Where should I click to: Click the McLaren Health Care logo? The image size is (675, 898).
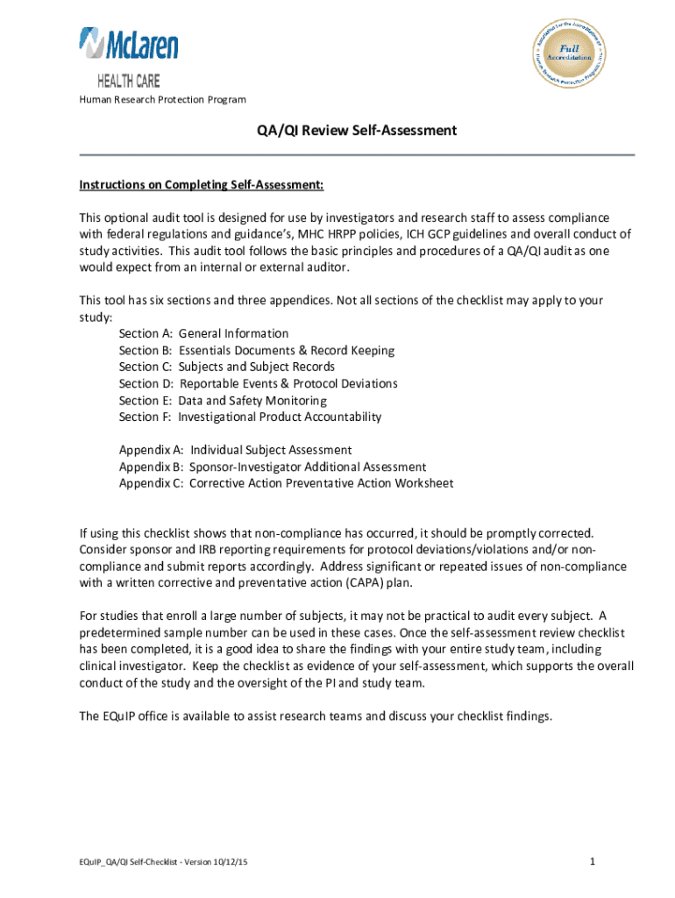coord(128,55)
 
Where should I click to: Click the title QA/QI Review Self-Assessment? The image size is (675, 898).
coord(356,131)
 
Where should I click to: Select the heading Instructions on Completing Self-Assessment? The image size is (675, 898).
coord(202,185)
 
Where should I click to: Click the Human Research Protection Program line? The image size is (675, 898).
coord(162,99)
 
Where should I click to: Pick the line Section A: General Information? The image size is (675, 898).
coord(203,333)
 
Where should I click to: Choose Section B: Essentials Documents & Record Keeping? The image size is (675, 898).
coord(256,350)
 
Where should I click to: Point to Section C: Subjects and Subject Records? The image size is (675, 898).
coord(226,367)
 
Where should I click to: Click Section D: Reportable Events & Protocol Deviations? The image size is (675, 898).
coord(258,383)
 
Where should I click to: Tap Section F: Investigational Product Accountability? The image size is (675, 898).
coord(250,417)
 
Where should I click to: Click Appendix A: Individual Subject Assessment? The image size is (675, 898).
coord(235,450)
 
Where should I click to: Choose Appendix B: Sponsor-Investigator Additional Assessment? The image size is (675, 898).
coord(272,467)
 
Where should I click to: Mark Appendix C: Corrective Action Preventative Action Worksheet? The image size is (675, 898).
coord(286,483)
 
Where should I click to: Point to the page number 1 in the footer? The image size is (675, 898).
coord(593,863)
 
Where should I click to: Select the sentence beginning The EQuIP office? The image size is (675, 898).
coord(316,716)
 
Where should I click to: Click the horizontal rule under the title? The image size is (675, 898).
coord(356,155)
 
